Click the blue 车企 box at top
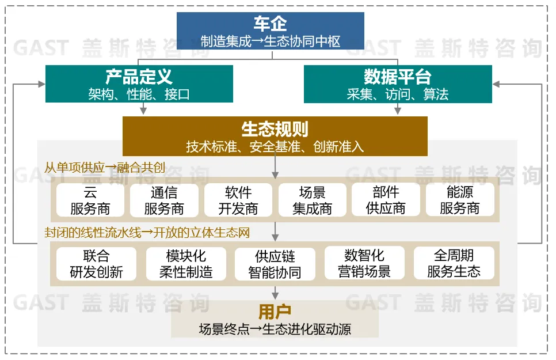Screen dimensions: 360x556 pyautogui.click(x=270, y=31)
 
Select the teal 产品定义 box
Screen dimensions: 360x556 pyautogui.click(x=139, y=84)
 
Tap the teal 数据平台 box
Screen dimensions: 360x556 pyautogui.click(x=398, y=84)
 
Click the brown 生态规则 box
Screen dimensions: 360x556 pyautogui.click(x=275, y=137)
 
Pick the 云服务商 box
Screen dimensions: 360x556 pyautogui.click(x=90, y=200)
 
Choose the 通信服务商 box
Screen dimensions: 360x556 pyautogui.click(x=164, y=200)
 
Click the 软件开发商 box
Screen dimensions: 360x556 pyautogui.click(x=238, y=200)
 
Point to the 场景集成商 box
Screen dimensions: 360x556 pyautogui.click(x=312, y=200)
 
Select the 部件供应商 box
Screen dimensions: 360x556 pyautogui.click(x=386, y=200)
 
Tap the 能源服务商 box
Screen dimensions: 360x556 pyautogui.click(x=459, y=200)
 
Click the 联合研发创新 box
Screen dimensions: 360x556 pyautogui.click(x=96, y=264)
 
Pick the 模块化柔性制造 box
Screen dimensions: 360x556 pyautogui.click(x=186, y=264)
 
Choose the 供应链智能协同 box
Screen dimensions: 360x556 pyautogui.click(x=275, y=264)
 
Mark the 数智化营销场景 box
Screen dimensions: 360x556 pyautogui.click(x=364, y=264)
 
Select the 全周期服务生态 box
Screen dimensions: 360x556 pyautogui.click(x=454, y=264)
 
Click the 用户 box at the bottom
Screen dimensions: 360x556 pyautogui.click(x=275, y=320)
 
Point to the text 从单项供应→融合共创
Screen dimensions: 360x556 pyautogui.click(x=105, y=168)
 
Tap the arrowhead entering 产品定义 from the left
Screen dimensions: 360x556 pyautogui.click(x=41, y=84)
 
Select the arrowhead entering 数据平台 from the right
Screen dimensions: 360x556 pyautogui.click(x=496, y=84)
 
